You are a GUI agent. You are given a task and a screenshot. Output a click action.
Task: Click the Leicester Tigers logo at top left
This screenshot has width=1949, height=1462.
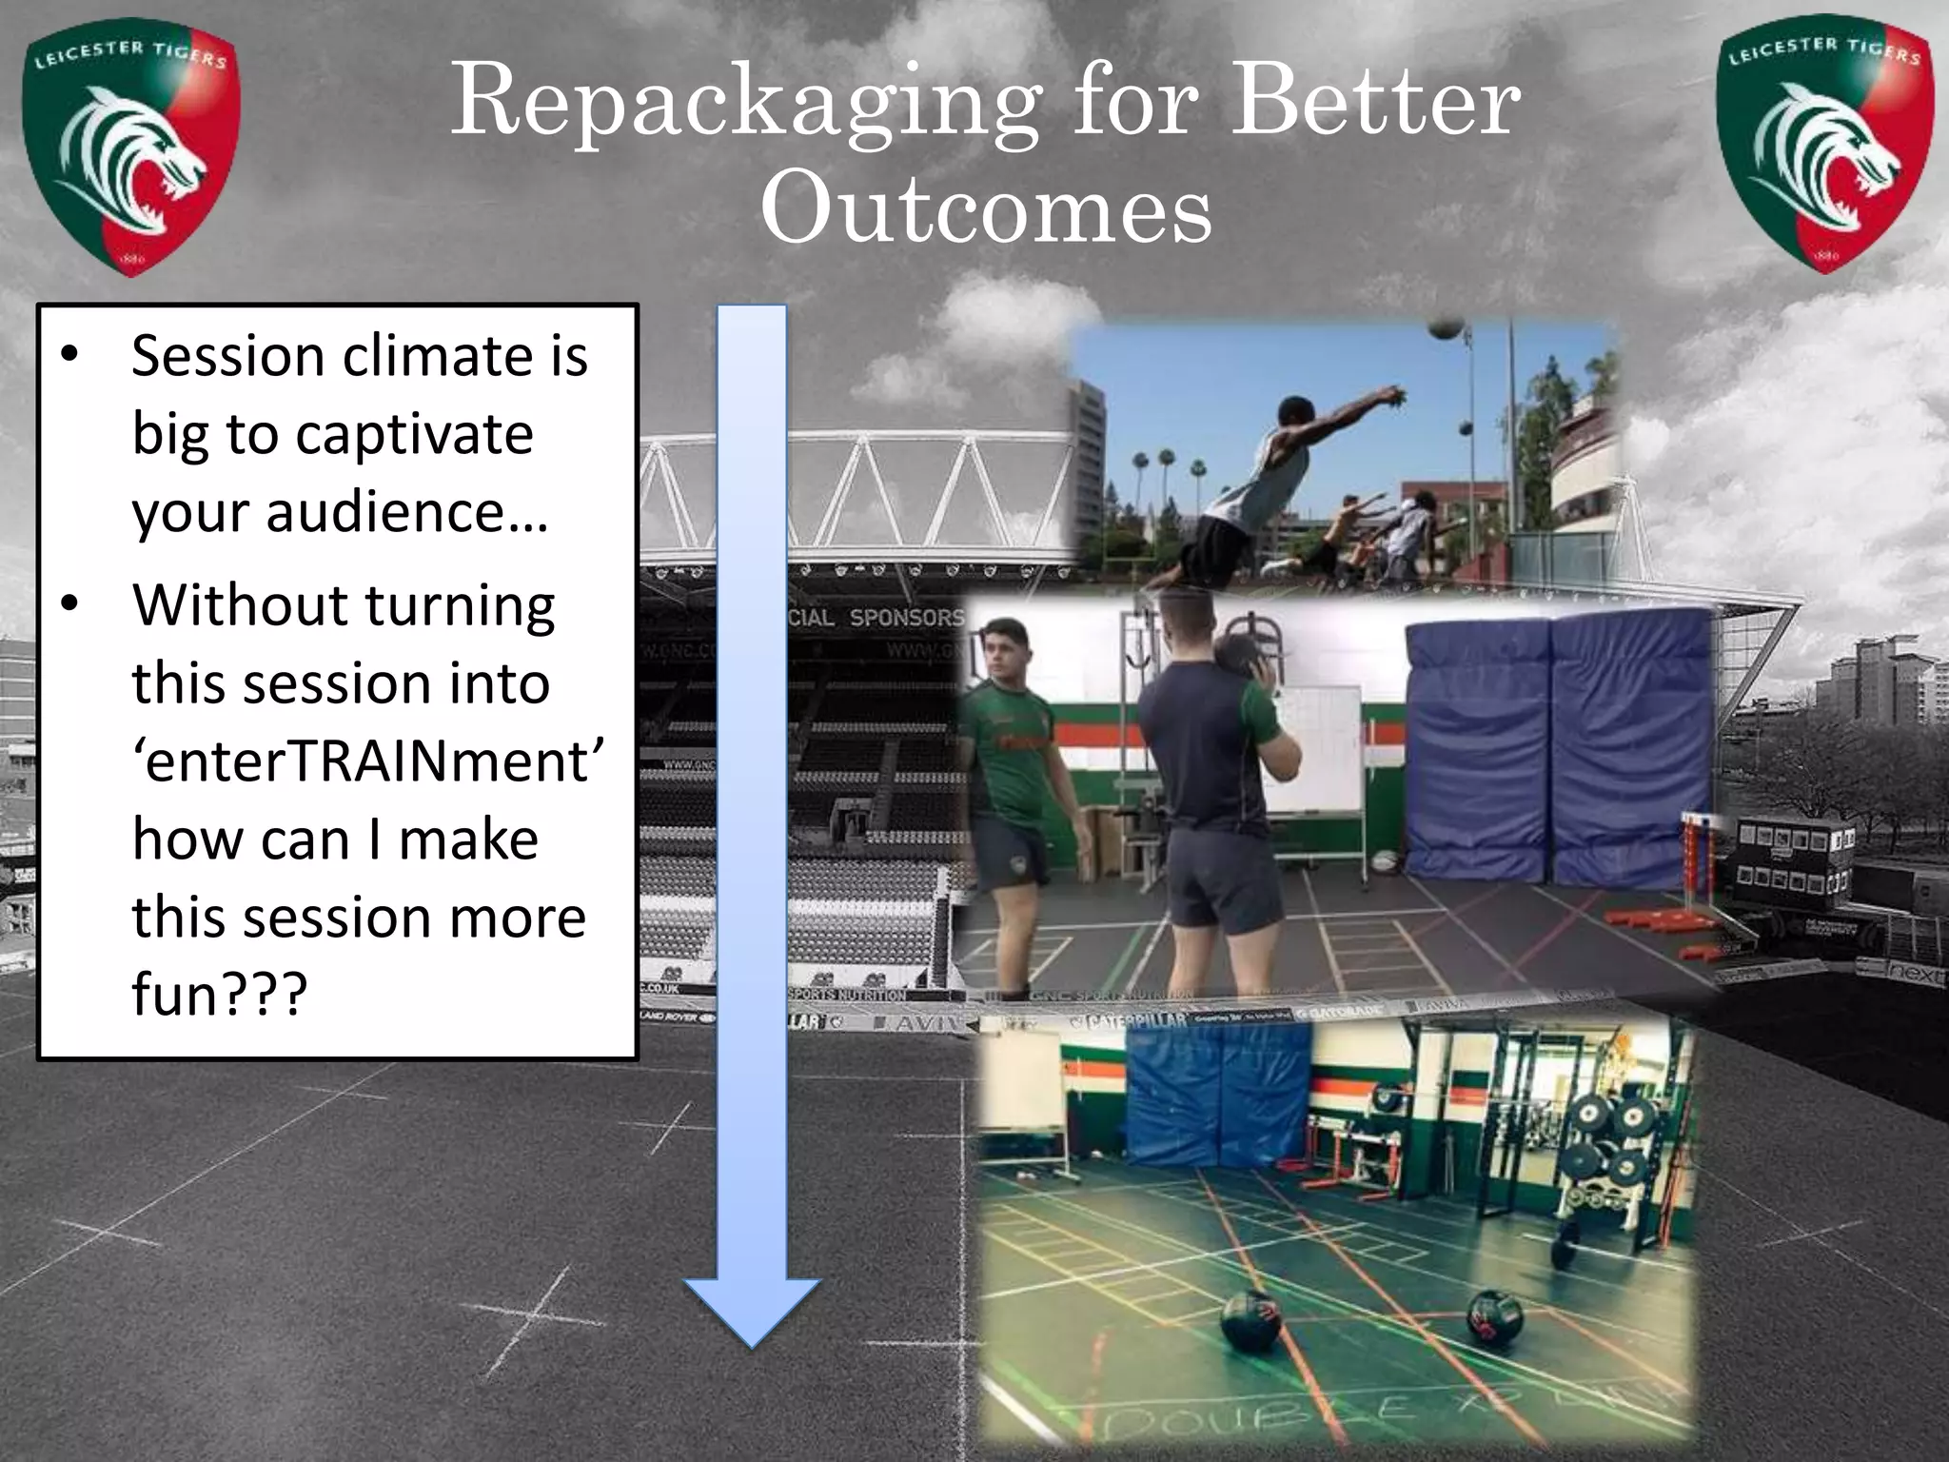point(131,150)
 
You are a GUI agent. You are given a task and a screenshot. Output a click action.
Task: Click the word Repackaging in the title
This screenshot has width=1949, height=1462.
point(744,103)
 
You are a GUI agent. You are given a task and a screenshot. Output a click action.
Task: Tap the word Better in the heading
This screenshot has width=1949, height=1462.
point(1375,101)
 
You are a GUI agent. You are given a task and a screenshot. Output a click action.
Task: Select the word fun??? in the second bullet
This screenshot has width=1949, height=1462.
point(220,995)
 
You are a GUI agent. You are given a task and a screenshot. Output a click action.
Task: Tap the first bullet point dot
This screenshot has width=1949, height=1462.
point(69,355)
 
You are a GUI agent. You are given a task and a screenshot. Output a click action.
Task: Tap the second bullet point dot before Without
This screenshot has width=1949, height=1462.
point(69,605)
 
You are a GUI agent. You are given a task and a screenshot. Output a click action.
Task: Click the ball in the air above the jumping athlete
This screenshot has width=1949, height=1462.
point(1446,326)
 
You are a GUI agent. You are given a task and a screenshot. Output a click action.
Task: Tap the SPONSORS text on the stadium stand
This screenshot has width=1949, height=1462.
point(905,618)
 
